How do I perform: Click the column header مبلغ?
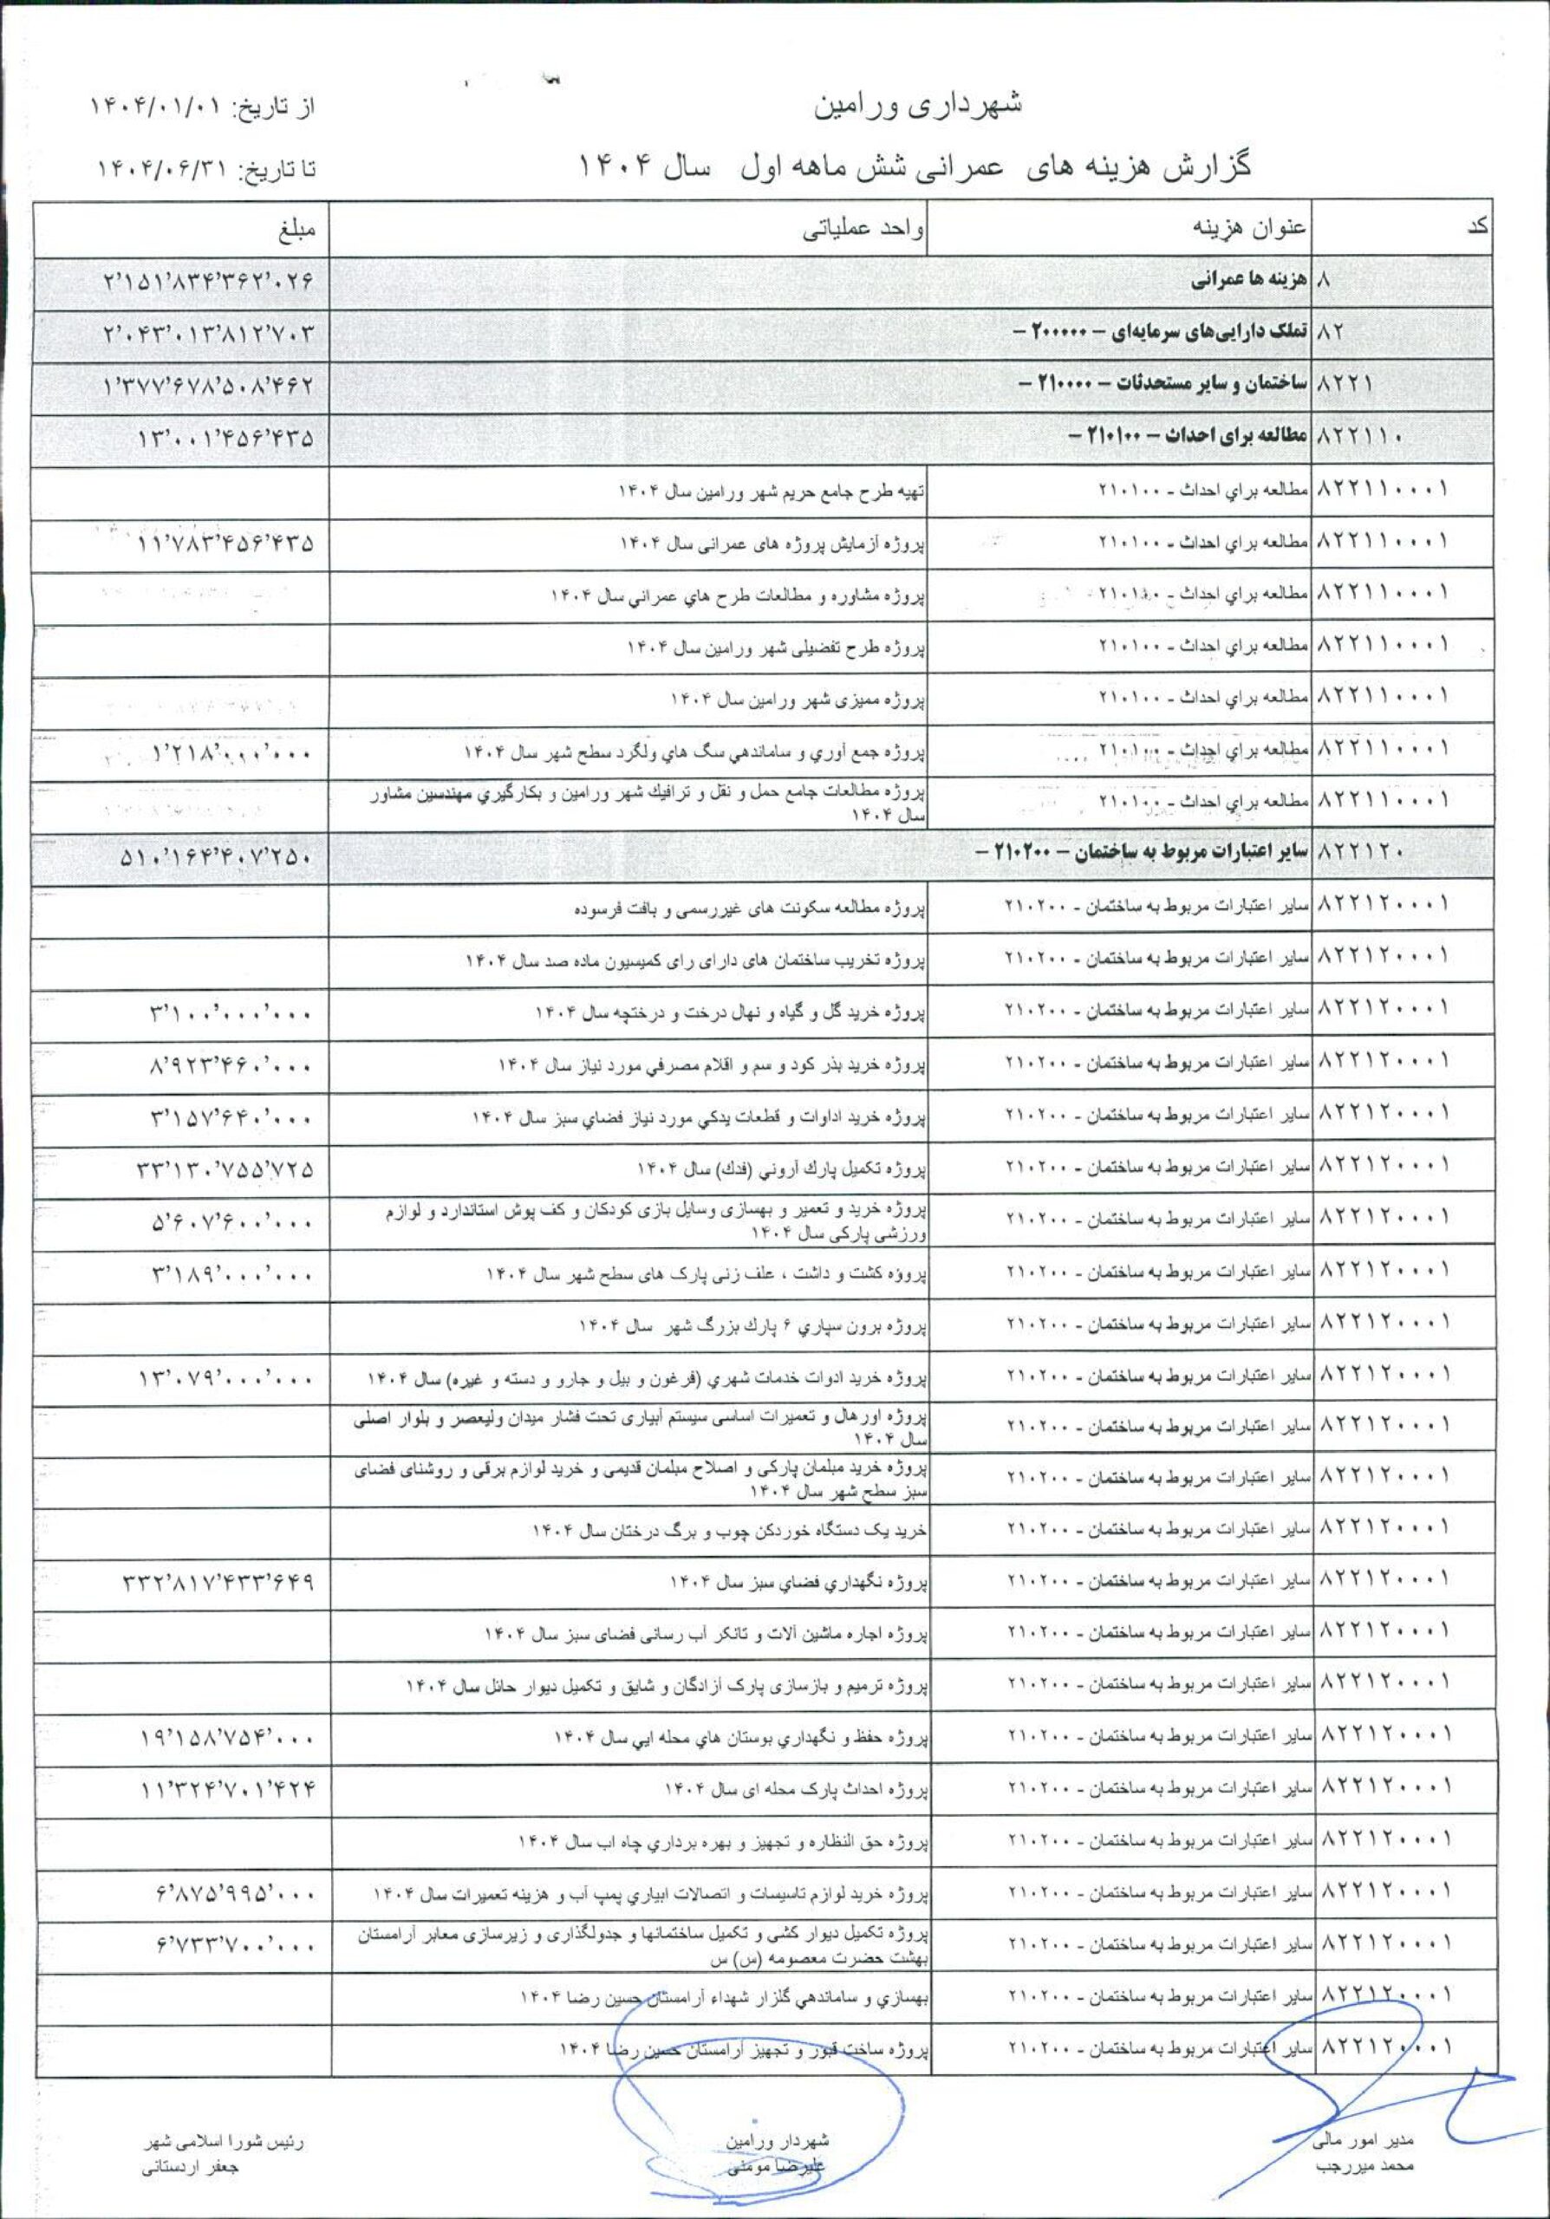point(294,230)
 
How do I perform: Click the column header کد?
point(1475,230)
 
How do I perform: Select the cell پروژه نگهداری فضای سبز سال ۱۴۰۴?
point(798,1583)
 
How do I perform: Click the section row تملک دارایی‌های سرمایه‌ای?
point(1177,335)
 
